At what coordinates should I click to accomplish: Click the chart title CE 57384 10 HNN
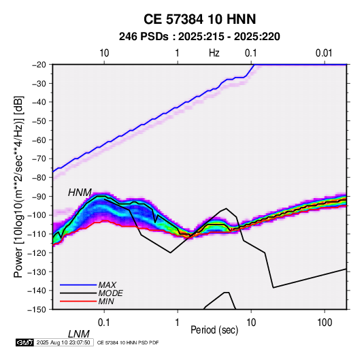click(199, 19)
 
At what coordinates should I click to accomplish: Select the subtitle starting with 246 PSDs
click(199, 37)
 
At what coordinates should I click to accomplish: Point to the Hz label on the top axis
click(214, 53)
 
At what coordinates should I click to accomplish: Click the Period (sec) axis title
click(214, 330)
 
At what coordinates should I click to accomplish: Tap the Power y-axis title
click(18, 186)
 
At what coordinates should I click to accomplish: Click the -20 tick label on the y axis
click(39, 65)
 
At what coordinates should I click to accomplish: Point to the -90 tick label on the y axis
click(39, 197)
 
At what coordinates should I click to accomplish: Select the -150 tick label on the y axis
click(37, 310)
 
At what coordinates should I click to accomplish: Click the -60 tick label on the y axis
click(39, 140)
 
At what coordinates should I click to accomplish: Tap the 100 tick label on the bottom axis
click(325, 323)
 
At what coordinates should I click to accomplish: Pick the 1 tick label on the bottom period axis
click(178, 323)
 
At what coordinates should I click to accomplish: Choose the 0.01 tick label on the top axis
click(324, 53)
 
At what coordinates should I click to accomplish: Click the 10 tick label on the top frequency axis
click(104, 53)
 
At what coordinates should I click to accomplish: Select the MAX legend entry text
click(107, 284)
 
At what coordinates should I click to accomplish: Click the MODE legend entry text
click(110, 293)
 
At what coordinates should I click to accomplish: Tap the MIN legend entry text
click(106, 301)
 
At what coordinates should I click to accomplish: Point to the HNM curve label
click(80, 193)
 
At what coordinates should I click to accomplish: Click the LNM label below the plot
click(79, 334)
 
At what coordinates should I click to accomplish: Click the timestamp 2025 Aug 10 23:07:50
click(63, 342)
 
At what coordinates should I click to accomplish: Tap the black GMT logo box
click(24, 342)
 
